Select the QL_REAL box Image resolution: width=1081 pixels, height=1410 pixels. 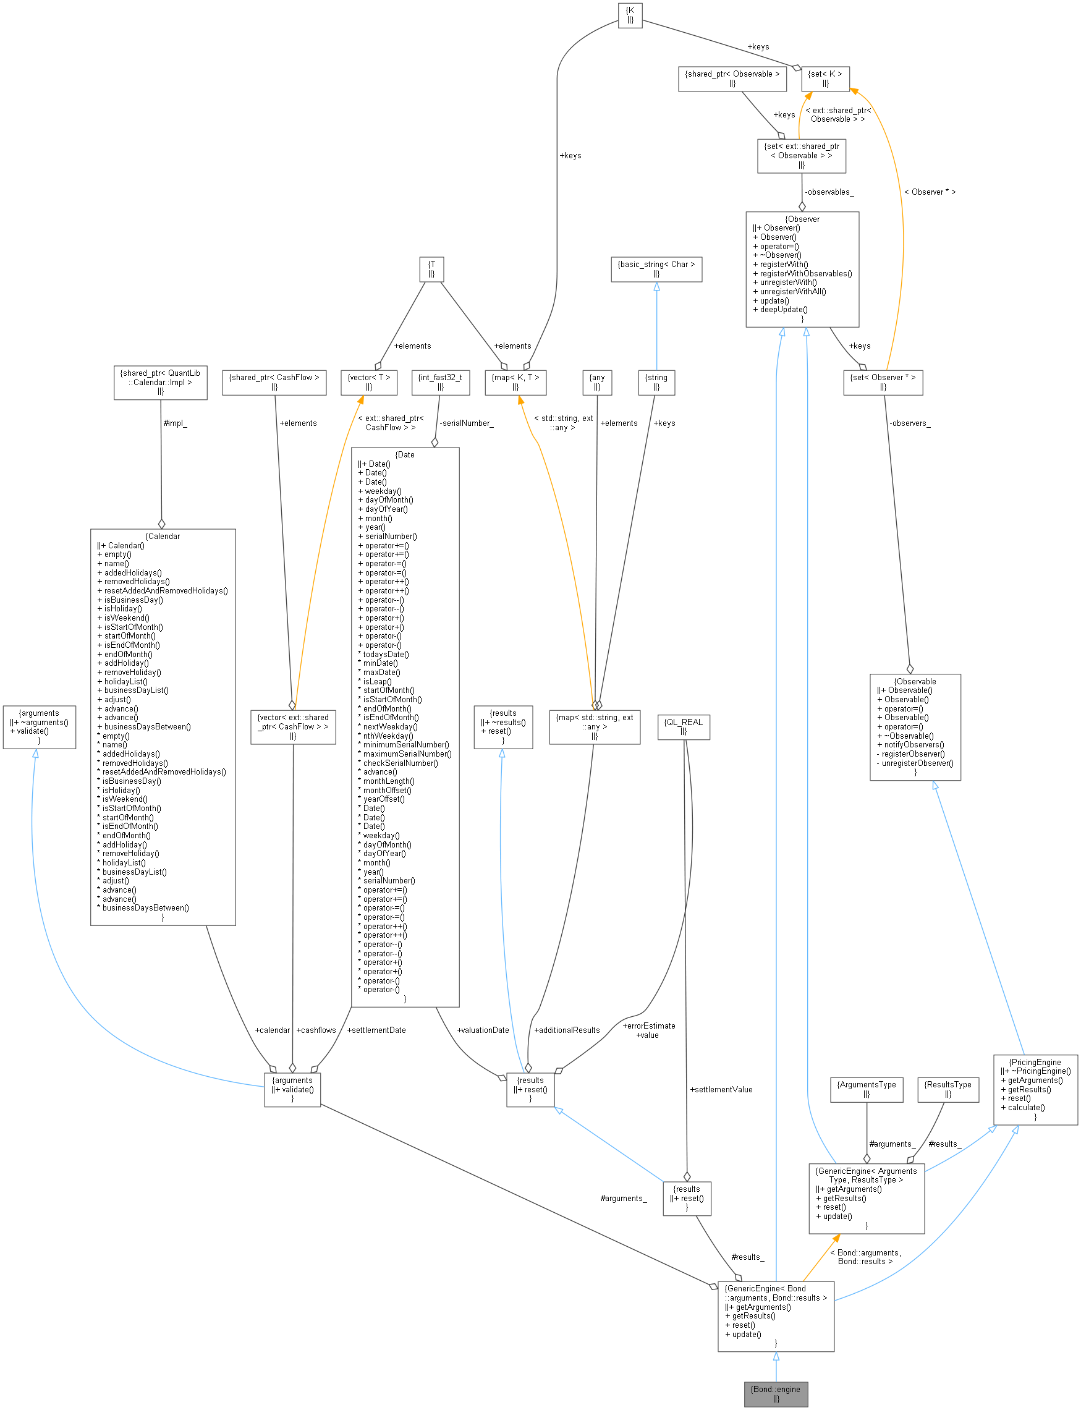[x=684, y=726]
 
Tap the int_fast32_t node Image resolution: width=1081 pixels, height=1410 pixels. [x=440, y=382]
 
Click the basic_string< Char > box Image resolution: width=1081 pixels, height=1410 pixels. [x=656, y=269]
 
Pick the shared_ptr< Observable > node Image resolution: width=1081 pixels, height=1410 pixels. [x=732, y=79]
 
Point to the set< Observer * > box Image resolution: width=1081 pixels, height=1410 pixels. [x=882, y=382]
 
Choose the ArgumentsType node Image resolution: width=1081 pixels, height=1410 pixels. [x=866, y=1089]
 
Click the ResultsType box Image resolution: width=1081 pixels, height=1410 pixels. [x=947, y=1089]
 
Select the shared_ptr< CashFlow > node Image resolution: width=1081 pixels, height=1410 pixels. [x=274, y=382]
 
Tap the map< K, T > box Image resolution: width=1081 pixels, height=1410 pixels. [x=515, y=382]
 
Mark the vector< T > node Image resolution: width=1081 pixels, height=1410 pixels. [x=369, y=382]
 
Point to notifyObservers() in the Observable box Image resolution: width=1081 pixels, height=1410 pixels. [x=914, y=745]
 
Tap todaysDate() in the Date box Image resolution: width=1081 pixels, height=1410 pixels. [x=386, y=655]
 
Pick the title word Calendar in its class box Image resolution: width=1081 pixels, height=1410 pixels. [x=163, y=536]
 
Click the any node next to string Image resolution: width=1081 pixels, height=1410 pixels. [x=596, y=382]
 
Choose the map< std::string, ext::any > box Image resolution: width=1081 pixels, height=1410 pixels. [x=594, y=726]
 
